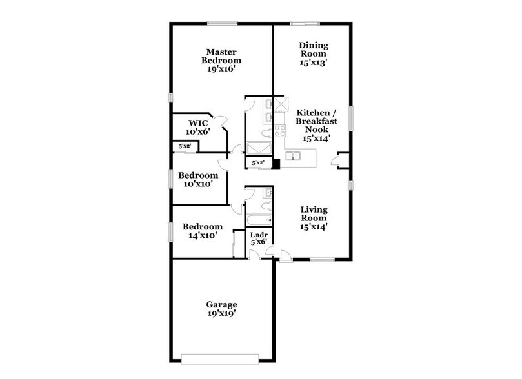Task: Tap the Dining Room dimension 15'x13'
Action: click(x=314, y=63)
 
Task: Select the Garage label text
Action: click(x=222, y=304)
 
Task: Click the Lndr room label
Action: click(x=259, y=235)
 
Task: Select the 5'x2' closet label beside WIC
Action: click(x=185, y=147)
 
